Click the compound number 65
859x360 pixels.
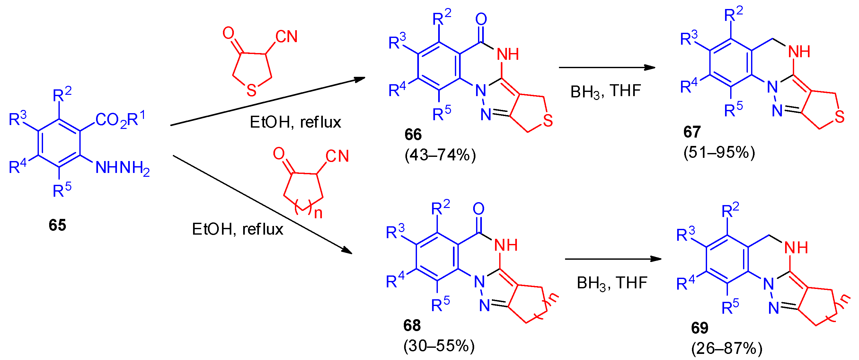[57, 225]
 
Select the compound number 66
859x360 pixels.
[413, 134]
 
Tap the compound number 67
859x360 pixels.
[692, 132]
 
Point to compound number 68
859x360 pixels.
[412, 325]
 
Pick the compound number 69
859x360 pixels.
[700, 328]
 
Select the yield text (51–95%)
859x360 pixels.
[719, 152]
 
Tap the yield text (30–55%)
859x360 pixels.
[439, 346]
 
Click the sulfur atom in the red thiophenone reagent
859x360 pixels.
[252, 90]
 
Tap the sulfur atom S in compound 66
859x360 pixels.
[548, 121]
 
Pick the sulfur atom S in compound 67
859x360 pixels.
[840, 117]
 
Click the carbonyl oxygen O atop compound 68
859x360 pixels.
[479, 209]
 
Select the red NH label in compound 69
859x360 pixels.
[796, 248]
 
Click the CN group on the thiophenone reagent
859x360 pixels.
[286, 37]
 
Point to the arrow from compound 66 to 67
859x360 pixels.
[607, 68]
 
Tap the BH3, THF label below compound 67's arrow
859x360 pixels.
[606, 91]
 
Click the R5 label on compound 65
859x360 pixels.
[62, 191]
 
